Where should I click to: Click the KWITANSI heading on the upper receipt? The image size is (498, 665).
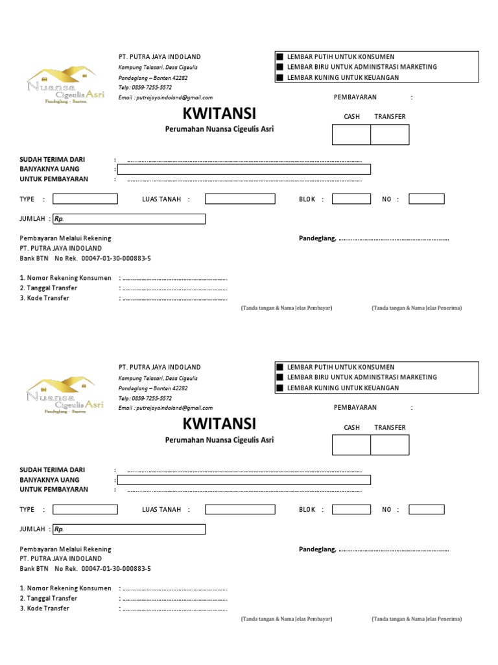click(220, 114)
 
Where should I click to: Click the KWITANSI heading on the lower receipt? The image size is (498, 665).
click(220, 425)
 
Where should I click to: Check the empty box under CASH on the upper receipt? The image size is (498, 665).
click(351, 134)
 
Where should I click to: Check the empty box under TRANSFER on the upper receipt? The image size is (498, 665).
click(390, 134)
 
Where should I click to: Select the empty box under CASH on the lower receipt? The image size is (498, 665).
click(351, 445)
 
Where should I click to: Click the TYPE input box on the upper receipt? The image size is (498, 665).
click(85, 199)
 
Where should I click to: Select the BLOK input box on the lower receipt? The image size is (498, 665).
click(351, 510)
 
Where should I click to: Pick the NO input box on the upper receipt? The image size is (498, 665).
click(426, 199)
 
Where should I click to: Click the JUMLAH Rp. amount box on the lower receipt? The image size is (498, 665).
click(129, 529)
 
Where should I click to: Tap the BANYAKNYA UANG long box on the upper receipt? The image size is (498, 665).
click(244, 169)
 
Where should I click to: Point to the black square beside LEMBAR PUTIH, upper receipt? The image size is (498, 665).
click(280, 57)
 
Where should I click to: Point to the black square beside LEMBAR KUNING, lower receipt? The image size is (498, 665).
click(280, 388)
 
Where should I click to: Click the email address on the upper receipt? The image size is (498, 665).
click(165, 97)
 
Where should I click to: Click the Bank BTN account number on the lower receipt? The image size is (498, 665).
click(116, 569)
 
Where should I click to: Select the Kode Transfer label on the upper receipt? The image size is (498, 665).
click(44, 298)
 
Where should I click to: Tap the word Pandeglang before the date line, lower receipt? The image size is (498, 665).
click(317, 549)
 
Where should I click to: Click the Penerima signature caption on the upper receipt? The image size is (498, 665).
click(416, 308)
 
